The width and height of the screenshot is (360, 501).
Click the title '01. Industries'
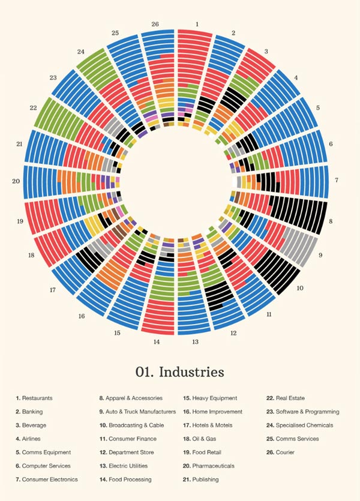coord(180,372)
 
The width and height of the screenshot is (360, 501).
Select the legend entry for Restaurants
coord(34,398)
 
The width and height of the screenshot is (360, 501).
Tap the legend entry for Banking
coord(31,412)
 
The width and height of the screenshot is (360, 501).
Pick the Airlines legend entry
coord(31,439)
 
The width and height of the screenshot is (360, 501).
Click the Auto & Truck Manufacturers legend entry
coord(137,412)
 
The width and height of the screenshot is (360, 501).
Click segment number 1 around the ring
coord(196,25)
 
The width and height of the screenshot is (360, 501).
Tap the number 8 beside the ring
coord(331,221)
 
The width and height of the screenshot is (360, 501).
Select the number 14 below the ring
coord(157,342)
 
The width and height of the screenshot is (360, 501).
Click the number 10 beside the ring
coord(300,288)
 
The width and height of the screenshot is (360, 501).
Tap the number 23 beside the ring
coord(53,77)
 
